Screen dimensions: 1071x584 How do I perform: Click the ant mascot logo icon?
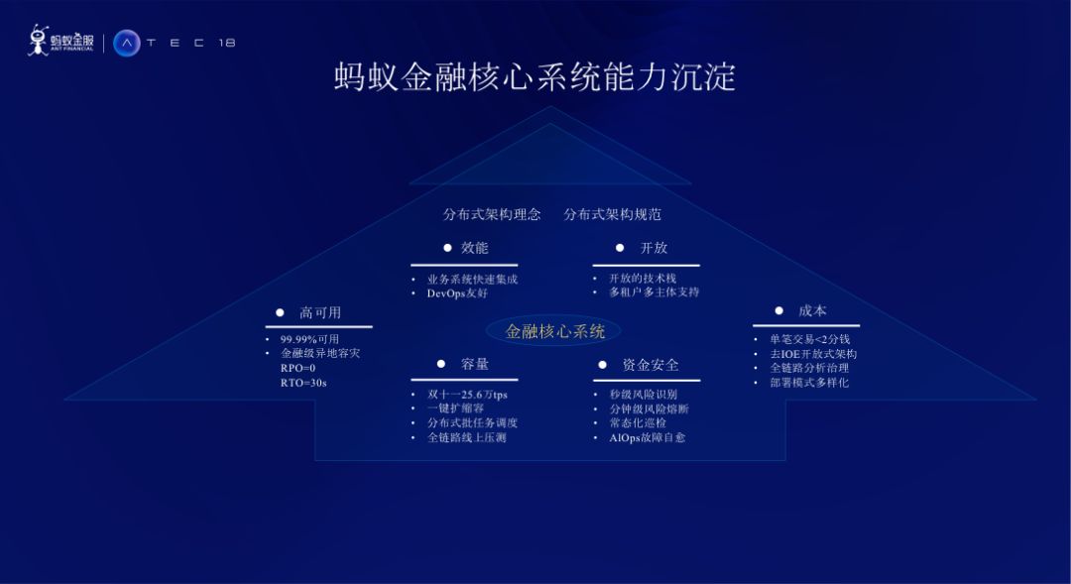pos(38,40)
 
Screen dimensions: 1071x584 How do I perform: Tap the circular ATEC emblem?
pos(127,43)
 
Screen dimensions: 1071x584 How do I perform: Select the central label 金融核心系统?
pos(555,331)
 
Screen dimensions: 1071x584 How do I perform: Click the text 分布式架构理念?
pos(492,214)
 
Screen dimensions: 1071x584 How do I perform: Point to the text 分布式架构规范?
pos(612,214)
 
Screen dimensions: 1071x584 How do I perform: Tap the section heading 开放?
pos(654,248)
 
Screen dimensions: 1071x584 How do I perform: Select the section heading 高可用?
pos(320,312)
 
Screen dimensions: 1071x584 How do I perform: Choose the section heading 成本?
pos(812,310)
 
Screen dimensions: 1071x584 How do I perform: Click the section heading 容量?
pos(475,364)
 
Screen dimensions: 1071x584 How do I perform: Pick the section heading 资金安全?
pos(651,365)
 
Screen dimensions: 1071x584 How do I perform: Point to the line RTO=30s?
pos(303,383)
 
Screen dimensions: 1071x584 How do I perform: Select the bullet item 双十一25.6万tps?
pos(467,395)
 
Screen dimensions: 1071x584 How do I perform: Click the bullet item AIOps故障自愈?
pos(647,437)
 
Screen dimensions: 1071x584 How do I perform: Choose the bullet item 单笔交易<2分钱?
pos(809,339)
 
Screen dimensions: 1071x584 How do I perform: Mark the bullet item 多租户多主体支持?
pos(654,292)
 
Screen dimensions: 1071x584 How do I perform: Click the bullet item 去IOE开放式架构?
pos(813,354)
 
